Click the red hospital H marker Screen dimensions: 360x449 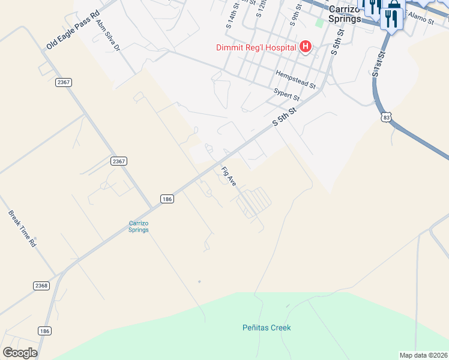click(306, 47)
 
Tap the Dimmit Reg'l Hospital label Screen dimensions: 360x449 click(258, 47)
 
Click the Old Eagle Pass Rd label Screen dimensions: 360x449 click(73, 29)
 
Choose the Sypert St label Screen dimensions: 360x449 click(286, 94)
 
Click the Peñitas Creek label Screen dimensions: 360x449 click(267, 328)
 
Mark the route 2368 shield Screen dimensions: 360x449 click(41, 286)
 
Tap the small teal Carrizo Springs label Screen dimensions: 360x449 click(139, 226)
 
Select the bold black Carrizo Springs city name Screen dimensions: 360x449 click(345, 14)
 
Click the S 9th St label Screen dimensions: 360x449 click(295, 16)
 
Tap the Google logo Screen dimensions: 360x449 click(20, 352)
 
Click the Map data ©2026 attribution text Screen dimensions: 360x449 click(423, 355)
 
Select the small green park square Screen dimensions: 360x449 click(319, 23)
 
